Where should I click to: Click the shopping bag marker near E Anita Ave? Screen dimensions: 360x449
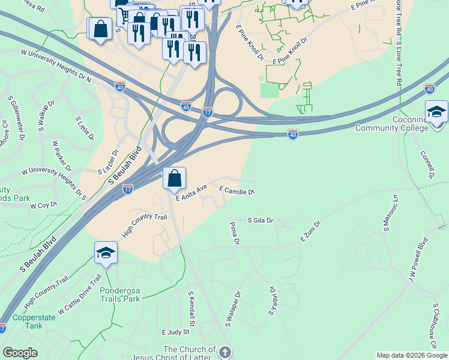pyautogui.click(x=174, y=178)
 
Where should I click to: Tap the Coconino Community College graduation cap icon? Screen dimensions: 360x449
pyautogui.click(x=436, y=112)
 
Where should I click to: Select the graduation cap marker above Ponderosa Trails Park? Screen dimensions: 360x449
pyautogui.click(x=106, y=253)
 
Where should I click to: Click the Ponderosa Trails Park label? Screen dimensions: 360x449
pyautogui.click(x=120, y=294)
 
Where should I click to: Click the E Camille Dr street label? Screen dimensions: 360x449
pyautogui.click(x=238, y=190)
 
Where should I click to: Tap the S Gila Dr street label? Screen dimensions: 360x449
pyautogui.click(x=261, y=220)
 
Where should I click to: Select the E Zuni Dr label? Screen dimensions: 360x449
pyautogui.click(x=310, y=232)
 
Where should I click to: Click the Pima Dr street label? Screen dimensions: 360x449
pyautogui.click(x=234, y=233)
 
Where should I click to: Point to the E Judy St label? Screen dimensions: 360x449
pyautogui.click(x=175, y=331)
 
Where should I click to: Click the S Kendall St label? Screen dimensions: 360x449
pyautogui.click(x=192, y=306)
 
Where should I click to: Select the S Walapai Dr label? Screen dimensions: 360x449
pyautogui.click(x=232, y=309)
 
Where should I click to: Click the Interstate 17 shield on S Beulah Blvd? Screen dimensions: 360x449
pyautogui.click(x=128, y=189)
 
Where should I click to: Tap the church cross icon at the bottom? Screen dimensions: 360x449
pyautogui.click(x=224, y=352)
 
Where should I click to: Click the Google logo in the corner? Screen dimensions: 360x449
pyautogui.click(x=20, y=353)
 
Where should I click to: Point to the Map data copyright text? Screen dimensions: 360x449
pyautogui.click(x=411, y=355)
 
